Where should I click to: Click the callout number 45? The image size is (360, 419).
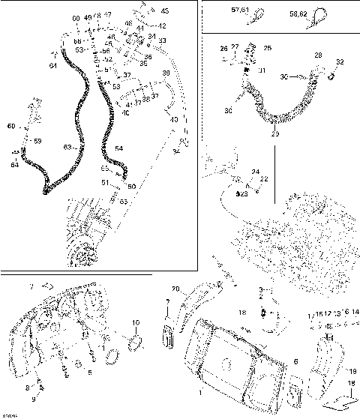pyautogui.click(x=165, y=11)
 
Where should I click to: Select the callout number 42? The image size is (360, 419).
pyautogui.click(x=162, y=26)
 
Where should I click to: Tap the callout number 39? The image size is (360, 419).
pyautogui.click(x=166, y=73)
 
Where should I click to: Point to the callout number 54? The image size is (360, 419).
pyautogui.click(x=118, y=148)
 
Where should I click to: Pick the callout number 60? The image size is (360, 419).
pyautogui.click(x=10, y=127)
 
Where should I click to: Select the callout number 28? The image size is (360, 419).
pyautogui.click(x=318, y=56)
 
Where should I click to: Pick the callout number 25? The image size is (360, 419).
pyautogui.click(x=268, y=48)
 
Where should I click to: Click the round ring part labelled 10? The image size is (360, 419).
pyautogui.click(x=136, y=343)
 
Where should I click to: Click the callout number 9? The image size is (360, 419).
pyautogui.click(x=32, y=399)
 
